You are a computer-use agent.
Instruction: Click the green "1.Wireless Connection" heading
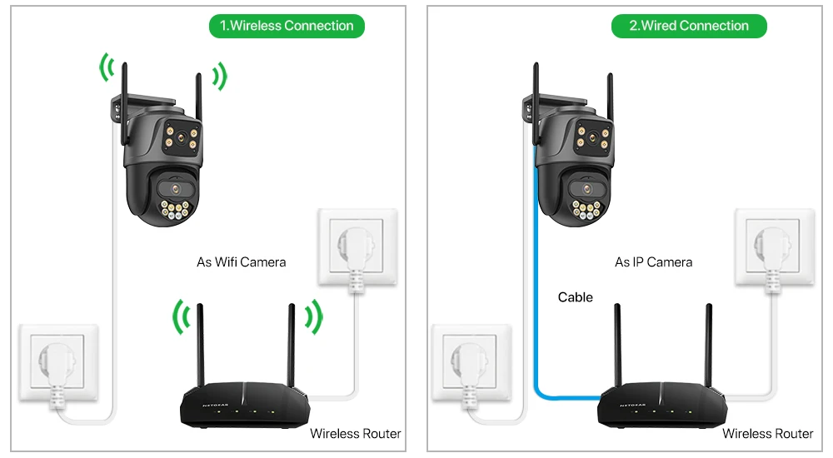click(x=287, y=26)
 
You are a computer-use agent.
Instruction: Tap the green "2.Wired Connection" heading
click(x=689, y=26)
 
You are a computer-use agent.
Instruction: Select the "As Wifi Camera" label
click(x=241, y=261)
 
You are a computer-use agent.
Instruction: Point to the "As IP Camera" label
click(x=653, y=261)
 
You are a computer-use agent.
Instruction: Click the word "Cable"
click(x=575, y=297)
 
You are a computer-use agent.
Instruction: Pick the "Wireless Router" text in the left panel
click(x=355, y=433)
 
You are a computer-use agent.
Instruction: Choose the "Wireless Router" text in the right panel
click(x=767, y=433)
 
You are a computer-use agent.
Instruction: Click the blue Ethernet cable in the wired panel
click(x=533, y=275)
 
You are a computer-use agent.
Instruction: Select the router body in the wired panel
click(x=658, y=408)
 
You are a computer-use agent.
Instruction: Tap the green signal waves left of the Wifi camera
click(x=106, y=68)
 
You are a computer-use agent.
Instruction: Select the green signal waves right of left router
click(x=312, y=316)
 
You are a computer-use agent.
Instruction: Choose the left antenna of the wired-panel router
click(x=618, y=350)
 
